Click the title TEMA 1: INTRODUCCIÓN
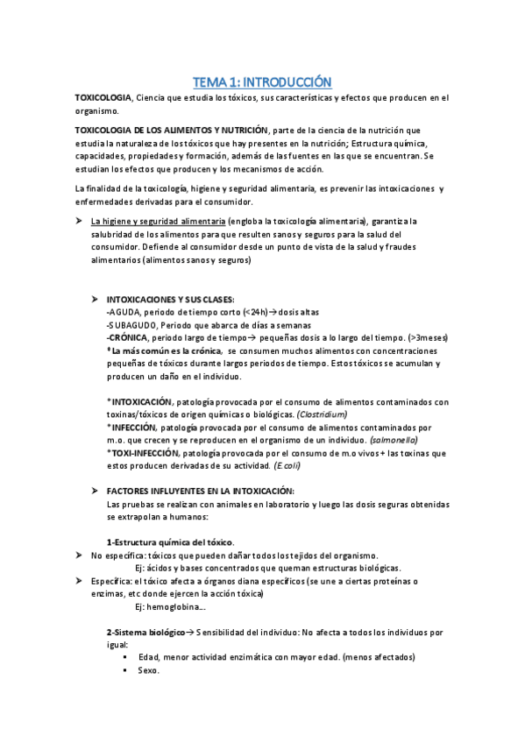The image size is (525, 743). [262, 81]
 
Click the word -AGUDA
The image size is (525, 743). [121, 312]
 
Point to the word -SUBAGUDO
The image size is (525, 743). [128, 324]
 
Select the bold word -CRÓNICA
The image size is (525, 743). [126, 337]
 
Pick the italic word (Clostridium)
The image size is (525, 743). [322, 414]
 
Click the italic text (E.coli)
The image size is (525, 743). [330, 465]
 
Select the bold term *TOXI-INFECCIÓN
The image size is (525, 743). [142, 452]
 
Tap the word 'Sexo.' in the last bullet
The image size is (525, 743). [148, 670]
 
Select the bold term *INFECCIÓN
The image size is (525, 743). [136, 427]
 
